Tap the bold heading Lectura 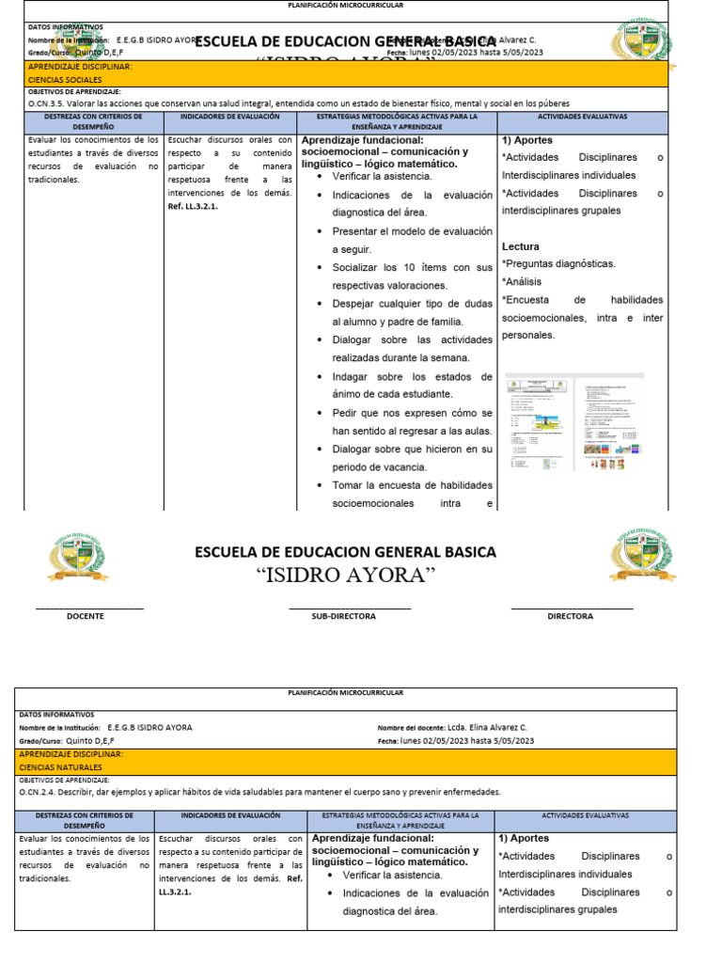521,246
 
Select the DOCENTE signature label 86,616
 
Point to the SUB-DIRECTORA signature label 343,616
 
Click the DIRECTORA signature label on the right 570,616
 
